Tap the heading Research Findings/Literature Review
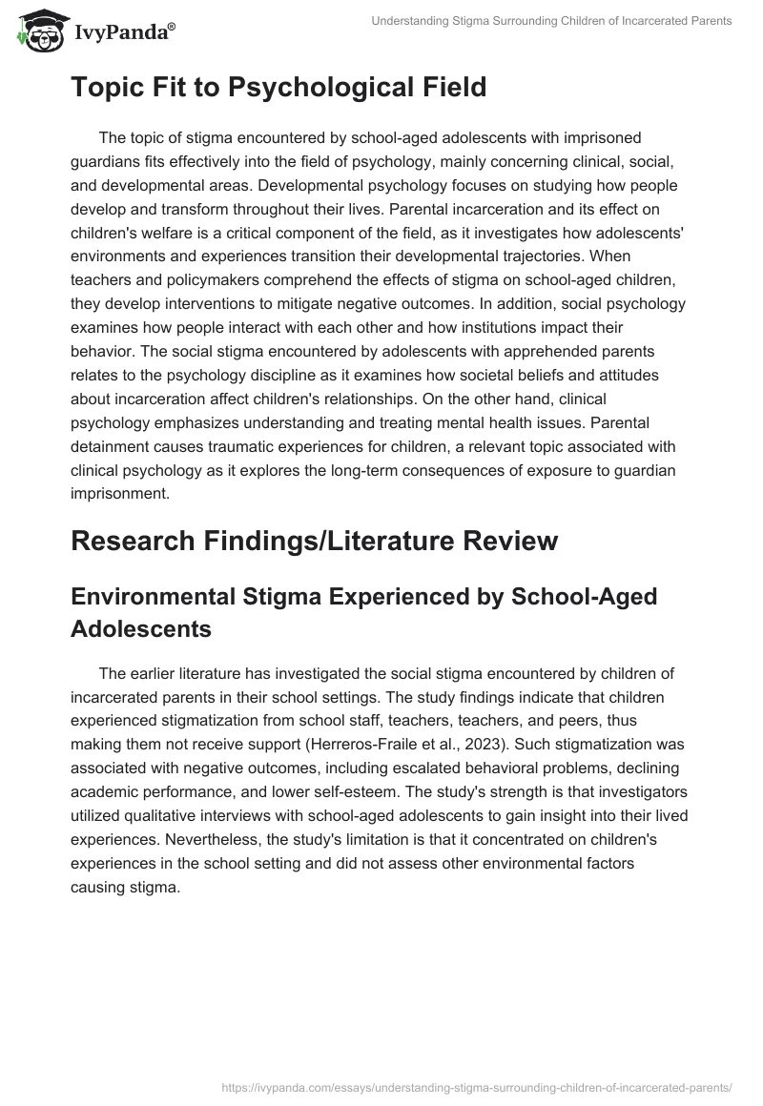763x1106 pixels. coord(314,541)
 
